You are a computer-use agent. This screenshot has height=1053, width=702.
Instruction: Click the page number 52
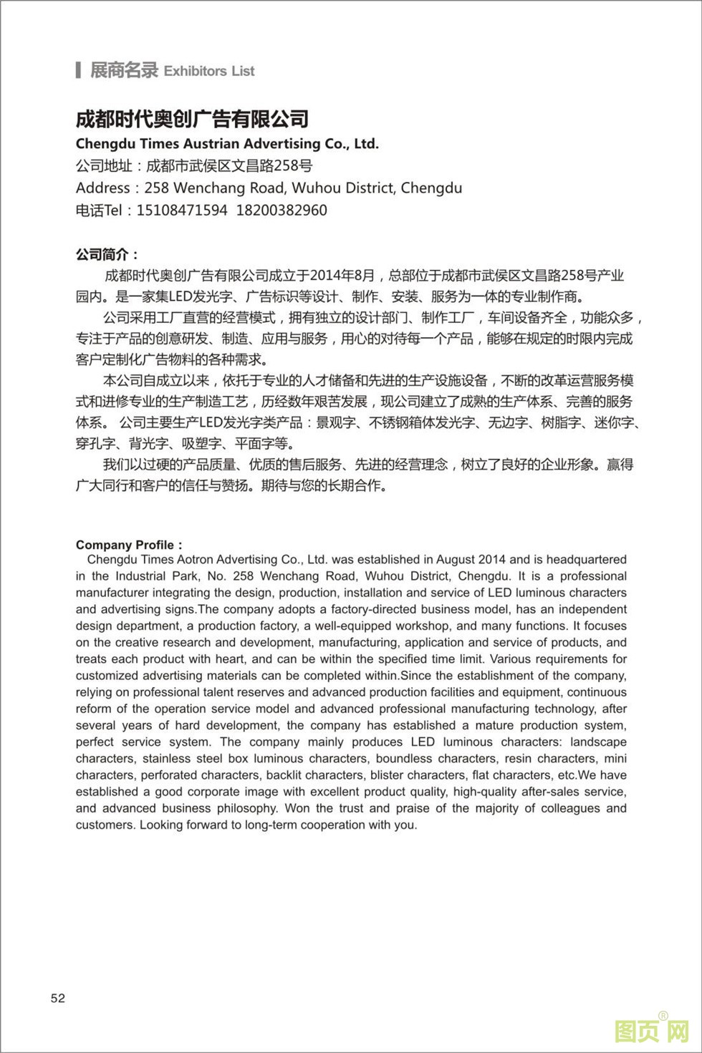click(58, 999)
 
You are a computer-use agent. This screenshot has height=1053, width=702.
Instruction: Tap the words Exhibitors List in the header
click(209, 72)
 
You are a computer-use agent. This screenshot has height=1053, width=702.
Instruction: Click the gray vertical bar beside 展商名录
click(78, 70)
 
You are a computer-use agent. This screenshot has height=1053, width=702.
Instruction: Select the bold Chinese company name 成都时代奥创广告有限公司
click(192, 118)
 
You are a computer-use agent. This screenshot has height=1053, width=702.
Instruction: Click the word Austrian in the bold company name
click(211, 144)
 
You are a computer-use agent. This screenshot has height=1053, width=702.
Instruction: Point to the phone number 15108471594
click(181, 210)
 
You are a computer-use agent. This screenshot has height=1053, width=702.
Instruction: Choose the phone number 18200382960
click(282, 210)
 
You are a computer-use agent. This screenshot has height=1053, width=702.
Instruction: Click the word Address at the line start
click(103, 188)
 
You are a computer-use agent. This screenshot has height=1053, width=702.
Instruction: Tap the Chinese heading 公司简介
click(105, 255)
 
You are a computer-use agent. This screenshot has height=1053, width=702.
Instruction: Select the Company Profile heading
click(126, 545)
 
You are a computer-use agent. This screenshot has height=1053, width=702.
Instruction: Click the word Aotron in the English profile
click(195, 560)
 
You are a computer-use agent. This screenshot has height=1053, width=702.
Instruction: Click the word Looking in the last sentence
click(162, 825)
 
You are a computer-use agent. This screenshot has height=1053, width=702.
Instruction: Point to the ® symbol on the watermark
click(663, 1015)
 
